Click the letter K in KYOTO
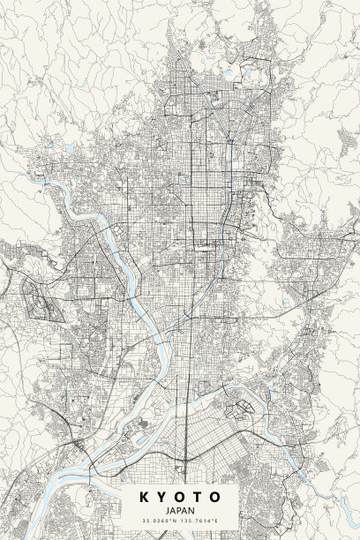click(x=143, y=498)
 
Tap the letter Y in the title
click(x=161, y=498)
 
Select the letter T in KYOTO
click(x=199, y=498)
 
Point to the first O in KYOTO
click(x=180, y=498)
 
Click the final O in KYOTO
click(x=217, y=498)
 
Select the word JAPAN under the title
click(x=180, y=511)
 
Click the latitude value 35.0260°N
click(x=161, y=521)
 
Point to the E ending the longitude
click(x=216, y=521)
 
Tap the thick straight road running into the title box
click(x=186, y=441)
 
